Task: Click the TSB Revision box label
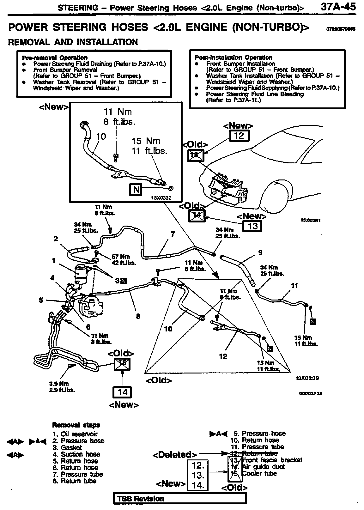[141, 499]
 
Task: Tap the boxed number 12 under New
[239, 136]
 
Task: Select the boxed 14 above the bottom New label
[122, 392]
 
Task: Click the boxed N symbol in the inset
[136, 190]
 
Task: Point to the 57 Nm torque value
[121, 257]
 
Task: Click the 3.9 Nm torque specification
[59, 384]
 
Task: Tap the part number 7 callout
[173, 234]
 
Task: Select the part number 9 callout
[260, 252]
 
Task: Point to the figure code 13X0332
[161, 198]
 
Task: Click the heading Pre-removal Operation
[55, 58]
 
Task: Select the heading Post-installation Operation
[234, 58]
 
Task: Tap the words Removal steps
[76, 425]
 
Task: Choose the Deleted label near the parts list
[175, 455]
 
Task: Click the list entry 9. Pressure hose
[259, 433]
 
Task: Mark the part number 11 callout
[294, 286]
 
